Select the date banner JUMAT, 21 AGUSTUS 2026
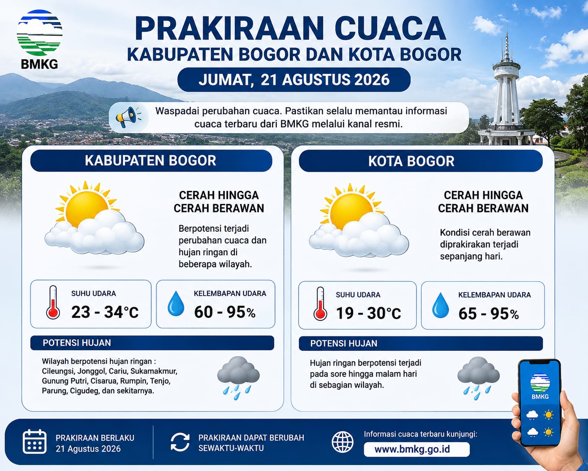pyautogui.click(x=294, y=80)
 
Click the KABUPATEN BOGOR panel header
pyautogui.click(x=151, y=160)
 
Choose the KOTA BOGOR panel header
pyautogui.click(x=421, y=161)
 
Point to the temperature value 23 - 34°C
pyautogui.click(x=105, y=312)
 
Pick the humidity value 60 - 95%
pyautogui.click(x=225, y=312)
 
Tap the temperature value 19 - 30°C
pyautogui.click(x=368, y=313)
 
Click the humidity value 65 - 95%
pyautogui.click(x=489, y=314)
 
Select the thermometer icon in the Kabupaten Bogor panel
pyautogui.click(x=53, y=302)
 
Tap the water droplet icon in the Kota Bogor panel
pyautogui.click(x=440, y=305)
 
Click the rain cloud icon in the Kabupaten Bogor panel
pyautogui.click(x=238, y=378)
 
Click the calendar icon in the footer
pyautogui.click(x=34, y=441)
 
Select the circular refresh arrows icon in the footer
pyautogui.click(x=180, y=442)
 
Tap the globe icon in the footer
pyautogui.click(x=342, y=442)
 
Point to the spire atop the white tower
pyautogui.click(x=507, y=44)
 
